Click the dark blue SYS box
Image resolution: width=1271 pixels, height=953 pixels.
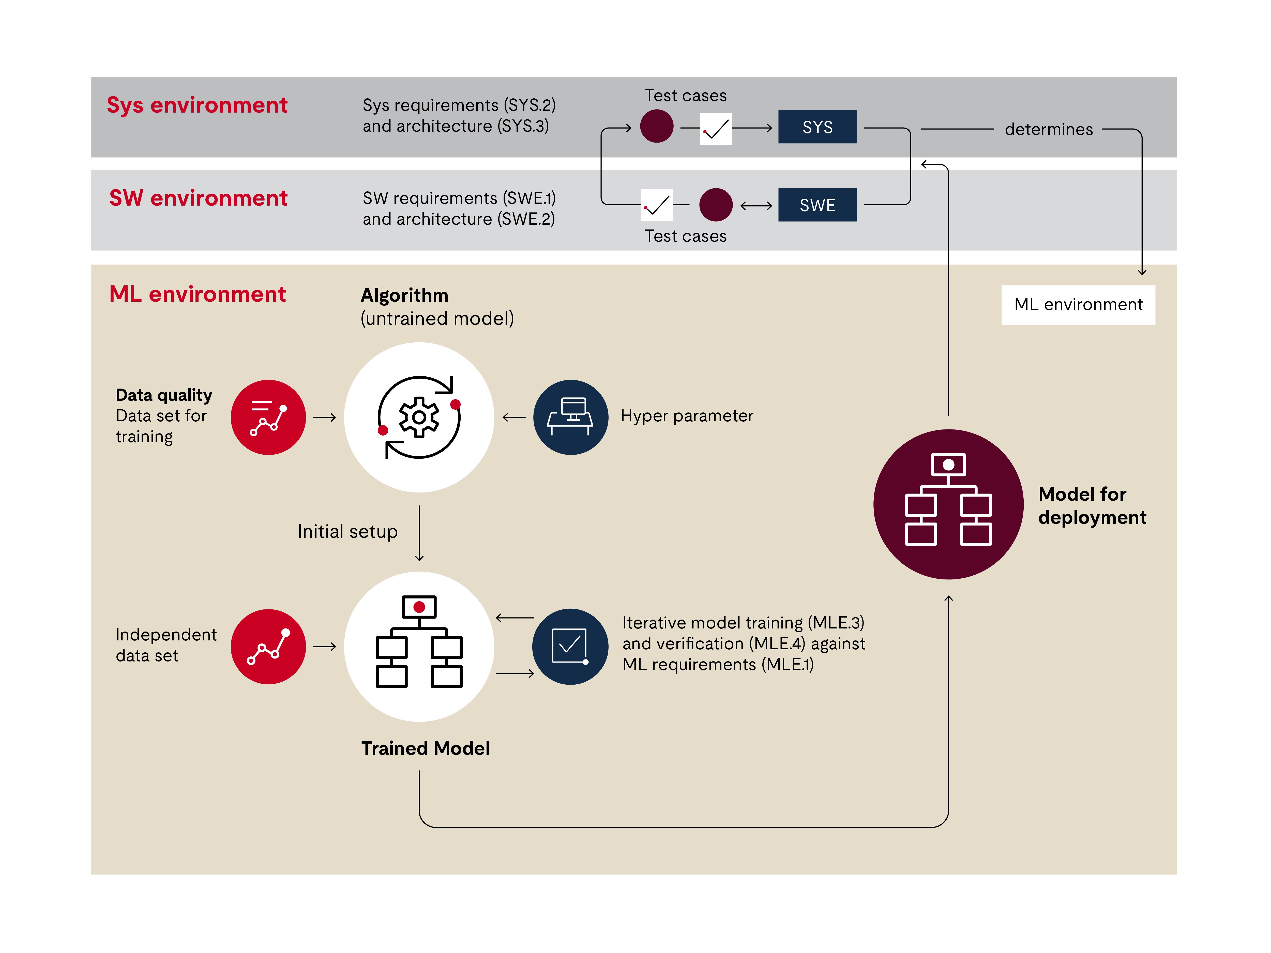tap(817, 127)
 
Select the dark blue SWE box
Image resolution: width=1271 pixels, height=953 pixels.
tap(817, 205)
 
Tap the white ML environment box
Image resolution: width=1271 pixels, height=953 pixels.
tap(1078, 304)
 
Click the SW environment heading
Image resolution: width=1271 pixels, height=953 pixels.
tap(198, 198)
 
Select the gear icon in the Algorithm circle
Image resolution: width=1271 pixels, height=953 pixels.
tap(419, 417)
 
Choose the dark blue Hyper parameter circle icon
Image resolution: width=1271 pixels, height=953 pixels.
tap(571, 417)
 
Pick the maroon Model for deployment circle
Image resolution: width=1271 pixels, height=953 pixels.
tap(948, 504)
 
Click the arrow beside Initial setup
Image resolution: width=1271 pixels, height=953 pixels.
tap(419, 533)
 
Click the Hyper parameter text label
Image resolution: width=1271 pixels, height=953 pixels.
tap(687, 416)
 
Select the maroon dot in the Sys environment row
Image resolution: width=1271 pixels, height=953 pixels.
tap(657, 126)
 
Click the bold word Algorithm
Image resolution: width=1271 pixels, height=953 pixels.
tap(404, 295)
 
